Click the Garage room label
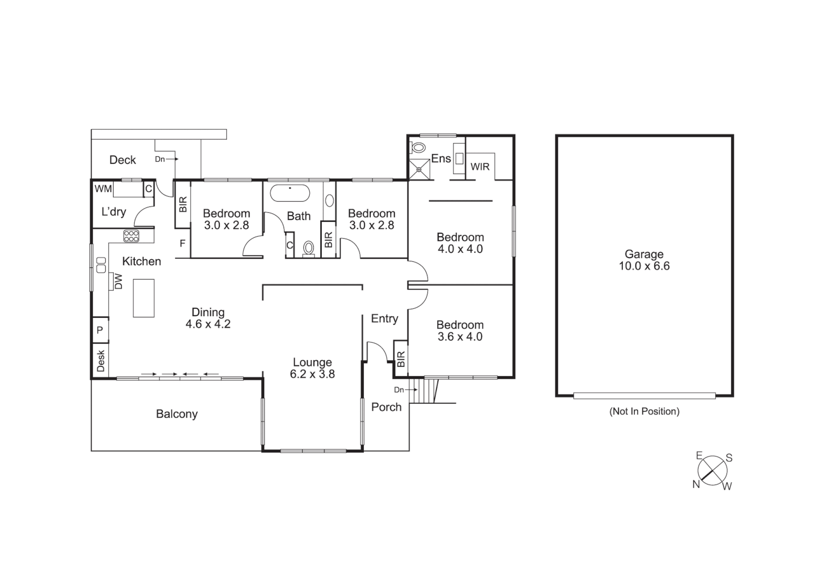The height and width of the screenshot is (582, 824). click(x=644, y=254)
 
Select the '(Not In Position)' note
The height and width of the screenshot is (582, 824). click(x=644, y=411)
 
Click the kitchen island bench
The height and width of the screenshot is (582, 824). click(x=144, y=298)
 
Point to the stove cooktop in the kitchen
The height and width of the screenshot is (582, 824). click(x=131, y=235)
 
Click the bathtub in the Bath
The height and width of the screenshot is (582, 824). click(x=290, y=193)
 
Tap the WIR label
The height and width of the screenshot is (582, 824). click(x=480, y=167)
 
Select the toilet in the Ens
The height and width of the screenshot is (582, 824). click(x=418, y=147)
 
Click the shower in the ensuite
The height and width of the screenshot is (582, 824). click(x=419, y=170)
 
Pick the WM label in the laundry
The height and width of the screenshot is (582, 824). click(x=103, y=189)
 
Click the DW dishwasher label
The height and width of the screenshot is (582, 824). click(x=119, y=281)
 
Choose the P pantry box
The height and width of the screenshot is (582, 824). click(x=100, y=330)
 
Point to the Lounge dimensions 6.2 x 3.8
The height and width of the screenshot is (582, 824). click(x=312, y=374)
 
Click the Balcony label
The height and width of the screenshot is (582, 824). click(x=177, y=414)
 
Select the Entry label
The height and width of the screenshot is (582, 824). click(x=384, y=318)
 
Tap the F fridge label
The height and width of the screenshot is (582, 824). click(x=183, y=244)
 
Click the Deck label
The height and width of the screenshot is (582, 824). click(x=122, y=160)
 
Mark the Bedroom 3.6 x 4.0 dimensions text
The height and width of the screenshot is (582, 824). click(x=460, y=337)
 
